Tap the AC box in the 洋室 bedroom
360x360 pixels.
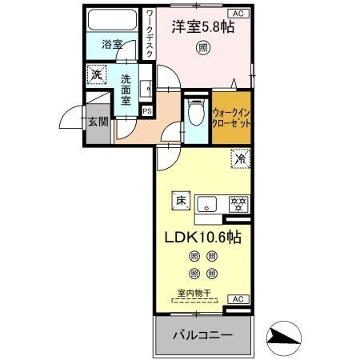(x=238, y=14)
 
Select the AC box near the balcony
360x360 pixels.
(x=237, y=298)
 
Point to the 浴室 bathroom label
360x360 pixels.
(x=112, y=45)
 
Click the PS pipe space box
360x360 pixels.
(x=146, y=111)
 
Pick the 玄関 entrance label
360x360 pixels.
(x=98, y=122)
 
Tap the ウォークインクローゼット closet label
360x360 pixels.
(x=232, y=118)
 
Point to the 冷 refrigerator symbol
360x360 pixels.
(x=239, y=159)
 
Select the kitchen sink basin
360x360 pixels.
(x=207, y=202)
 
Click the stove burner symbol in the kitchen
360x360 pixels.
(x=237, y=202)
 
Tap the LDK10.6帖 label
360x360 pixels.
(x=203, y=238)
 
